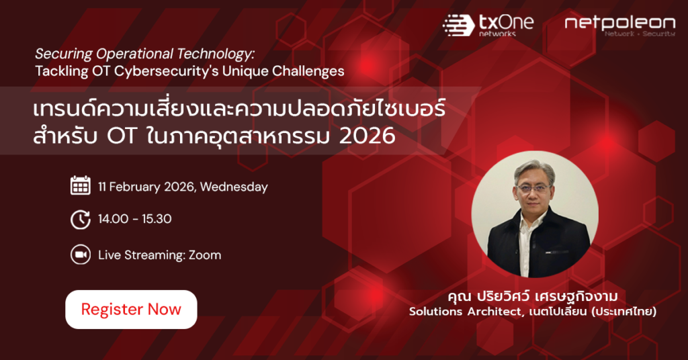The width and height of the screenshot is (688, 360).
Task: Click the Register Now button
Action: pos(131,309)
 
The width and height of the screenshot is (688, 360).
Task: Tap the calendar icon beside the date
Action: pos(81,185)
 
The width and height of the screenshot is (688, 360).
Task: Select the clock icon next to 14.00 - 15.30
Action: pos(81,219)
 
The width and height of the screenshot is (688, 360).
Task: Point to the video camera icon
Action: pos(81,255)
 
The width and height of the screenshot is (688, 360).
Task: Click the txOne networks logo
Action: pos(488,25)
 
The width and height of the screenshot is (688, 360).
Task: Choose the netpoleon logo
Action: pos(620,26)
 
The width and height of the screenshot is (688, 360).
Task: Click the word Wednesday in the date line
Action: pos(234,187)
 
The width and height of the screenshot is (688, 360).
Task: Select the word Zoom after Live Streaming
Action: pos(205,255)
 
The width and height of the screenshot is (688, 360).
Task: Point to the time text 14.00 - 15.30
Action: pos(134,219)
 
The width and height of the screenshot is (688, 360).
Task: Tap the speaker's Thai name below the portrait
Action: pos(533,296)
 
